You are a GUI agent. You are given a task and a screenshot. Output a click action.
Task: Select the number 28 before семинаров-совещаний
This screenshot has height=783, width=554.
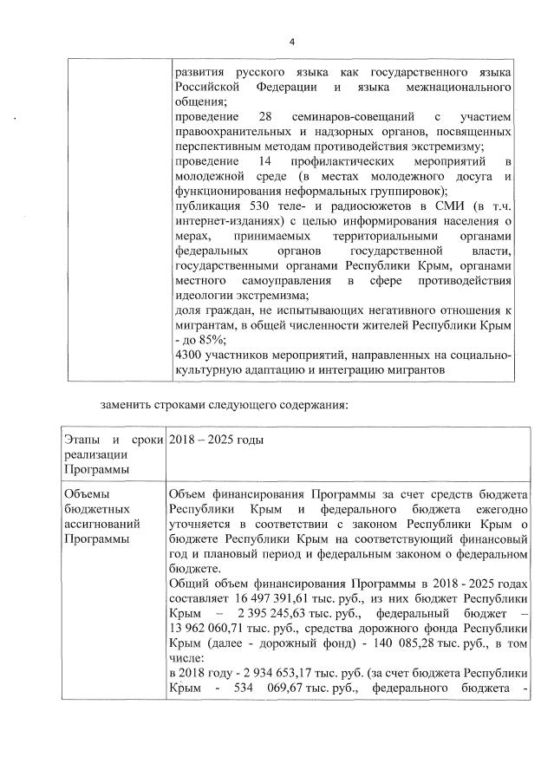pos(265,116)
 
